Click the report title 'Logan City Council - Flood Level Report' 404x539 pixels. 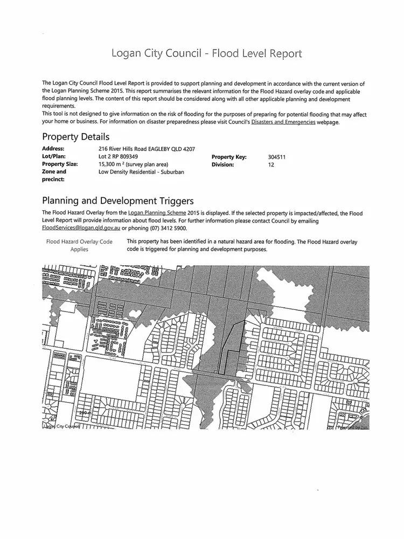pos(206,53)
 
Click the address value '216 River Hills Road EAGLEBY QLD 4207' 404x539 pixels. pos(147,149)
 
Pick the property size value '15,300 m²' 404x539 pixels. pos(112,164)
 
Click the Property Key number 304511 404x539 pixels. pos(276,157)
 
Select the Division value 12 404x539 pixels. pos(271,164)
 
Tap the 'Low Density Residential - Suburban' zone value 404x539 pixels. pos(141,172)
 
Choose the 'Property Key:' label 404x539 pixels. pos(229,157)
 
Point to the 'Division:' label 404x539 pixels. pos(223,164)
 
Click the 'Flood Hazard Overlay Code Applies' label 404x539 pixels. pos(80,246)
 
